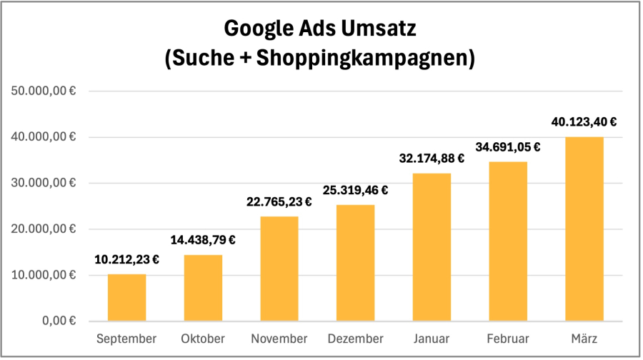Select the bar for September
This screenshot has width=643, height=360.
126,297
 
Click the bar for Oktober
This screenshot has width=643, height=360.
203,287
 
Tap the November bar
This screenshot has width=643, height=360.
279,268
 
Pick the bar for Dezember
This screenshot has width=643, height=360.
355,262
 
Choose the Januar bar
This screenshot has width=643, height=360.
432,246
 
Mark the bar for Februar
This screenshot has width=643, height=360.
508,241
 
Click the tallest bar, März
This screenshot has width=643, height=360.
584,229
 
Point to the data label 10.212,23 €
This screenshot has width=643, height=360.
126,260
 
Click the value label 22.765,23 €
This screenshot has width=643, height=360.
279,202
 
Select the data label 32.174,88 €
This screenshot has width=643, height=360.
432,159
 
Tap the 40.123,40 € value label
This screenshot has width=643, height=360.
584,121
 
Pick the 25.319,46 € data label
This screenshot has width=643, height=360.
355,190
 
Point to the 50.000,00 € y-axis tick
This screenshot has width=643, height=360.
44,91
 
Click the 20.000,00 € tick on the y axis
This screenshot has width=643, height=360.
44,229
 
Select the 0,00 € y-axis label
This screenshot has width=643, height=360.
60,321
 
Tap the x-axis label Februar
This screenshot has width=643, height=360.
508,339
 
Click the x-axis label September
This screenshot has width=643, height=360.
126,339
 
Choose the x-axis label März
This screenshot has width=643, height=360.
584,339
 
